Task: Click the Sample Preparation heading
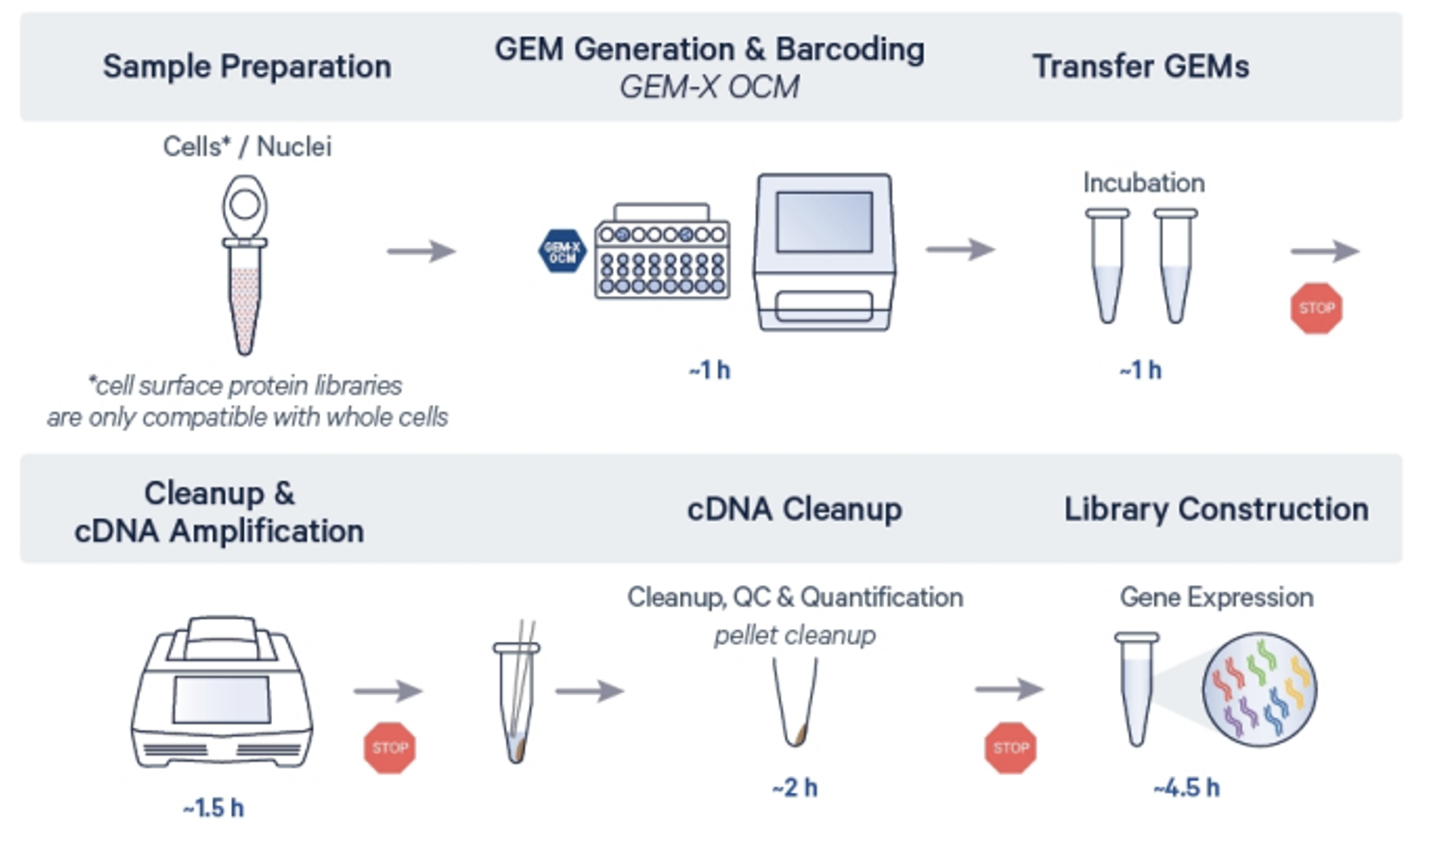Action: pos(246,66)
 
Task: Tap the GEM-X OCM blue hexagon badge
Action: pos(562,251)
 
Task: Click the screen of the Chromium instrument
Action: pos(824,221)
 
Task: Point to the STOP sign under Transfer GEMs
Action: pos(1316,308)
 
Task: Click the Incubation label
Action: pos(1143,183)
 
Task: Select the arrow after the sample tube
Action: pos(422,251)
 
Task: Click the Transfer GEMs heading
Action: pos(1140,66)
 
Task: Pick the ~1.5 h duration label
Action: pos(213,808)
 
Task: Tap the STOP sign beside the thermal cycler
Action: pos(389,748)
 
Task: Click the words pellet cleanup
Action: pos(795,635)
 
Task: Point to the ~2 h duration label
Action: pos(795,787)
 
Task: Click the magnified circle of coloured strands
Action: pos(1259,689)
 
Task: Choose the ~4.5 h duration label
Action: pos(1186,787)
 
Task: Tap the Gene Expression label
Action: pos(1216,597)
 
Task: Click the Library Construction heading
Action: pos(1216,509)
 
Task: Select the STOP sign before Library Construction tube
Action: pos(1010,748)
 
